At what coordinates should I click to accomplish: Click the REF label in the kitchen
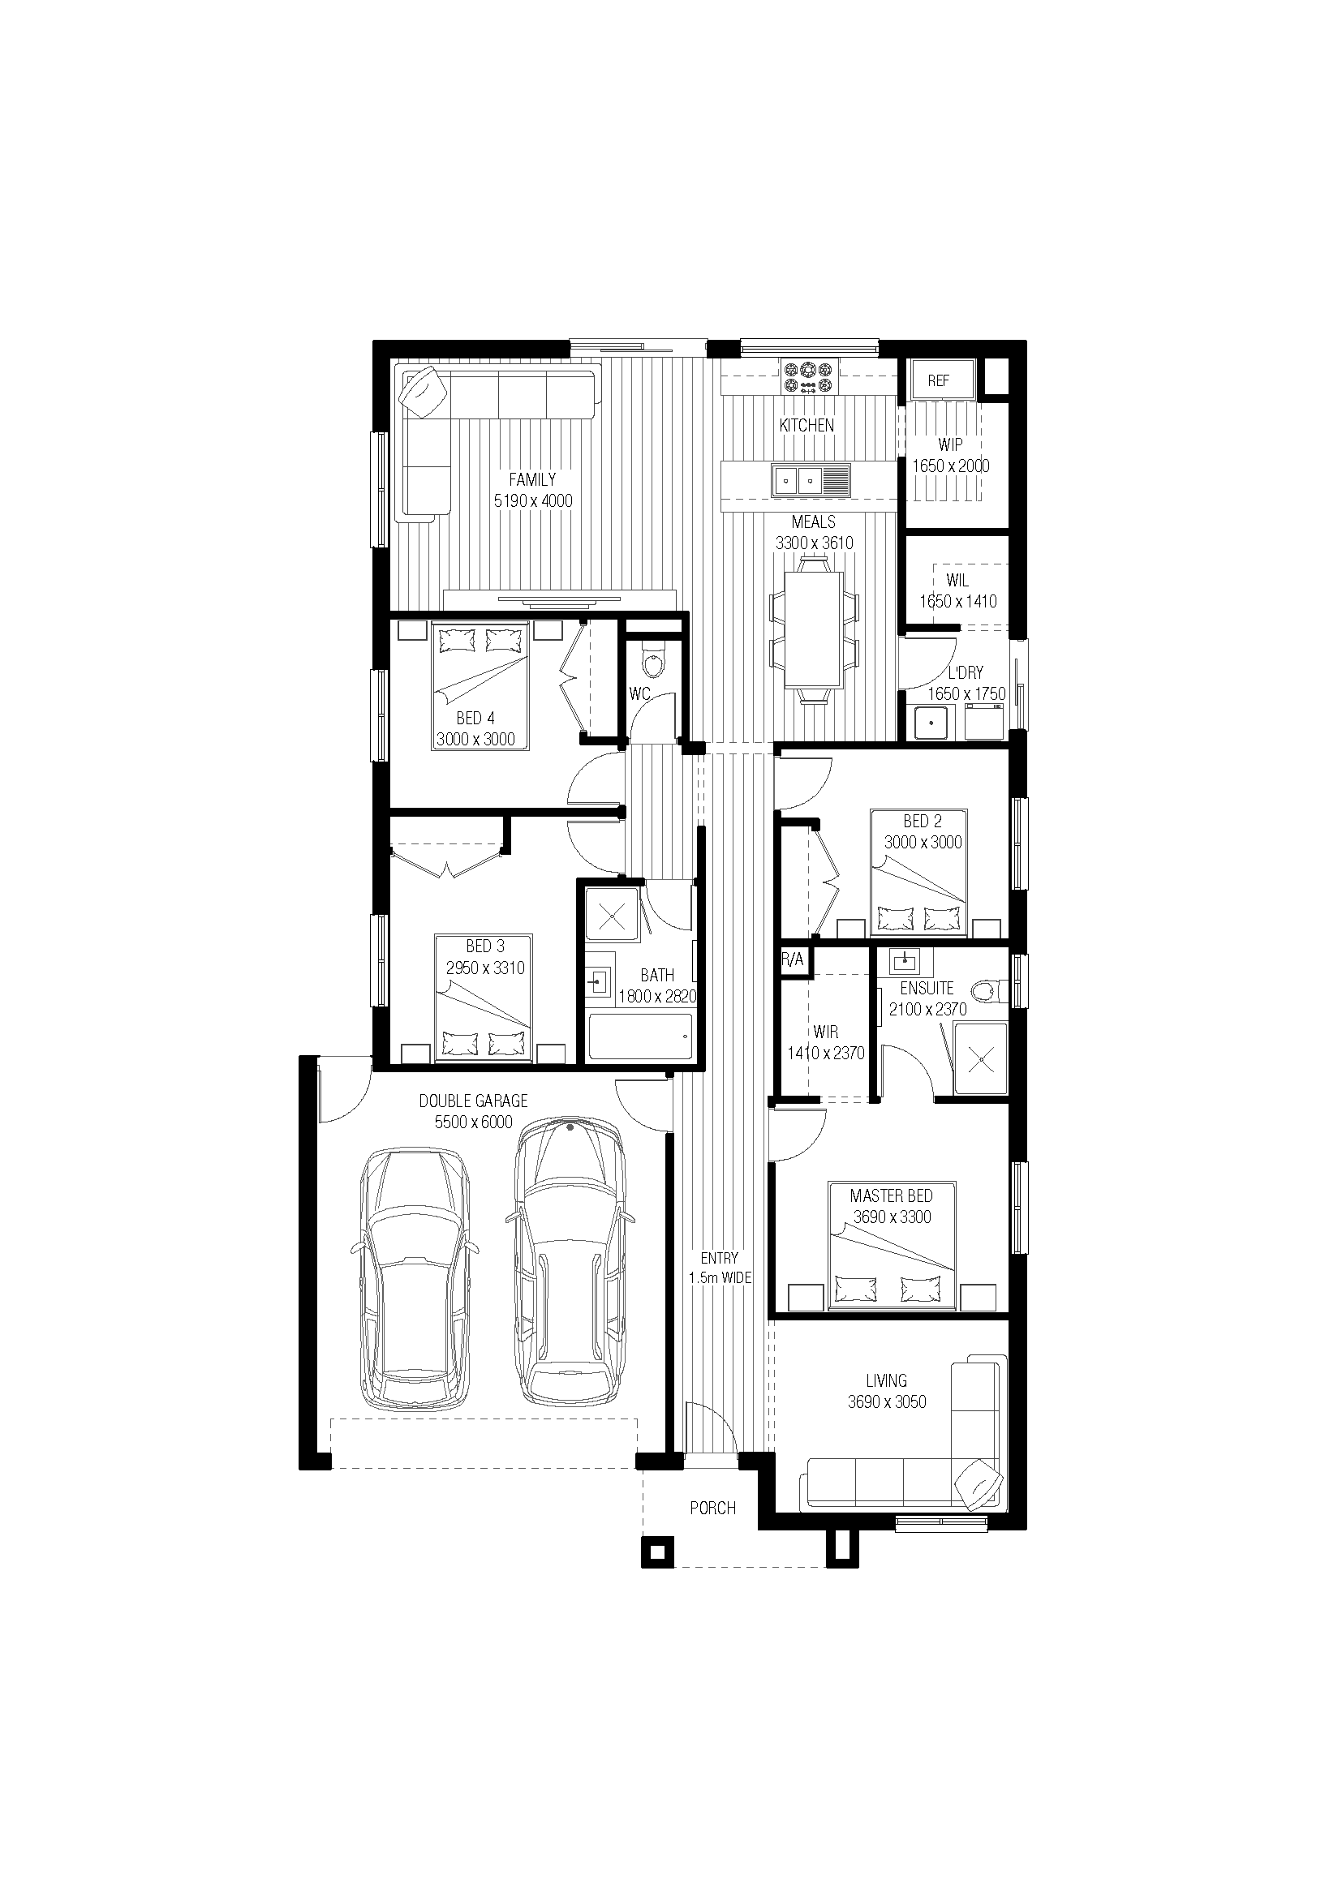[x=938, y=381]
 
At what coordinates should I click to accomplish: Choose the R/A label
[x=792, y=961]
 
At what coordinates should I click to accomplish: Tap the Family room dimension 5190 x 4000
[x=533, y=500]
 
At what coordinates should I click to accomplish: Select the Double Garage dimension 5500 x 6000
[x=474, y=1122]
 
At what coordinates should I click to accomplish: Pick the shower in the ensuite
[x=982, y=1058]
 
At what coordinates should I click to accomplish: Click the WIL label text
[x=957, y=581]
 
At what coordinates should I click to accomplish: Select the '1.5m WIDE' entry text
[x=720, y=1278]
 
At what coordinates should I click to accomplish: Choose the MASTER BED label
[x=892, y=1195]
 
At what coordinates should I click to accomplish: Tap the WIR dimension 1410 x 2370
[x=825, y=1054]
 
